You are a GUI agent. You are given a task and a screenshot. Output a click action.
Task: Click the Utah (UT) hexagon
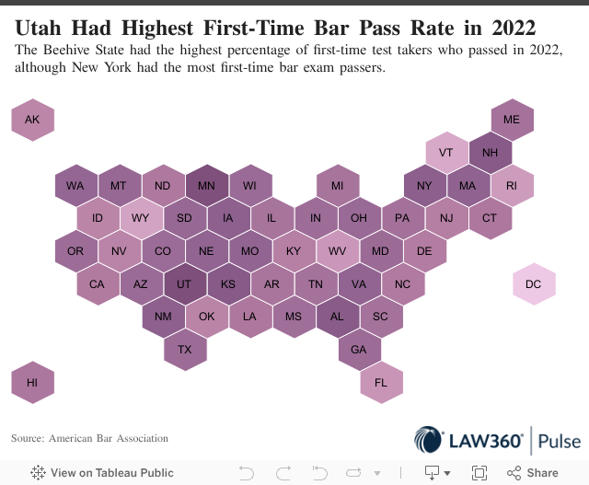[185, 284]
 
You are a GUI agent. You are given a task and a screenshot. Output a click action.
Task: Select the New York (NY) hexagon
[425, 186]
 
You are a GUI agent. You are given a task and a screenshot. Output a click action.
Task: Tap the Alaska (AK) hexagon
[32, 120]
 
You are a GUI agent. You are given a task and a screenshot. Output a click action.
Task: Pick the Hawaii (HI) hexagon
[32, 383]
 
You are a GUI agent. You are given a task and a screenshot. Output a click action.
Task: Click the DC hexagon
[534, 284]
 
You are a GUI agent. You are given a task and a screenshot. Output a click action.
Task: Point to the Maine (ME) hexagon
[512, 120]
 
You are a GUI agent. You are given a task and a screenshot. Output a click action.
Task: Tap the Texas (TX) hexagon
[185, 350]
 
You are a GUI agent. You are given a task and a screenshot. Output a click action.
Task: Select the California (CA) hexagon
[98, 284]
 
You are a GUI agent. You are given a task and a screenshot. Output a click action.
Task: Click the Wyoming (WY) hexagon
[141, 218]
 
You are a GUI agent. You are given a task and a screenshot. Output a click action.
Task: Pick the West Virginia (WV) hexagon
[338, 251]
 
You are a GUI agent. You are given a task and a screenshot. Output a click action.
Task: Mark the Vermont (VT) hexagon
[446, 153]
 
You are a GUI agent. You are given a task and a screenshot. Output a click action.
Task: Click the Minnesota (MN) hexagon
[207, 186]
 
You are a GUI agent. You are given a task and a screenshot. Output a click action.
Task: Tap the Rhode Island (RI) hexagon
[512, 186]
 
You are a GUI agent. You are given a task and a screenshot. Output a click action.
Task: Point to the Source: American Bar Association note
[89, 438]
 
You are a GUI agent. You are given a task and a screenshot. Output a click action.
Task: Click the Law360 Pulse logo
[497, 441]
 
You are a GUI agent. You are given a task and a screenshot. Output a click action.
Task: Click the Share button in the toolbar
[533, 472]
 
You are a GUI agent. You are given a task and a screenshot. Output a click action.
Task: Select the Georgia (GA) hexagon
[360, 350]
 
